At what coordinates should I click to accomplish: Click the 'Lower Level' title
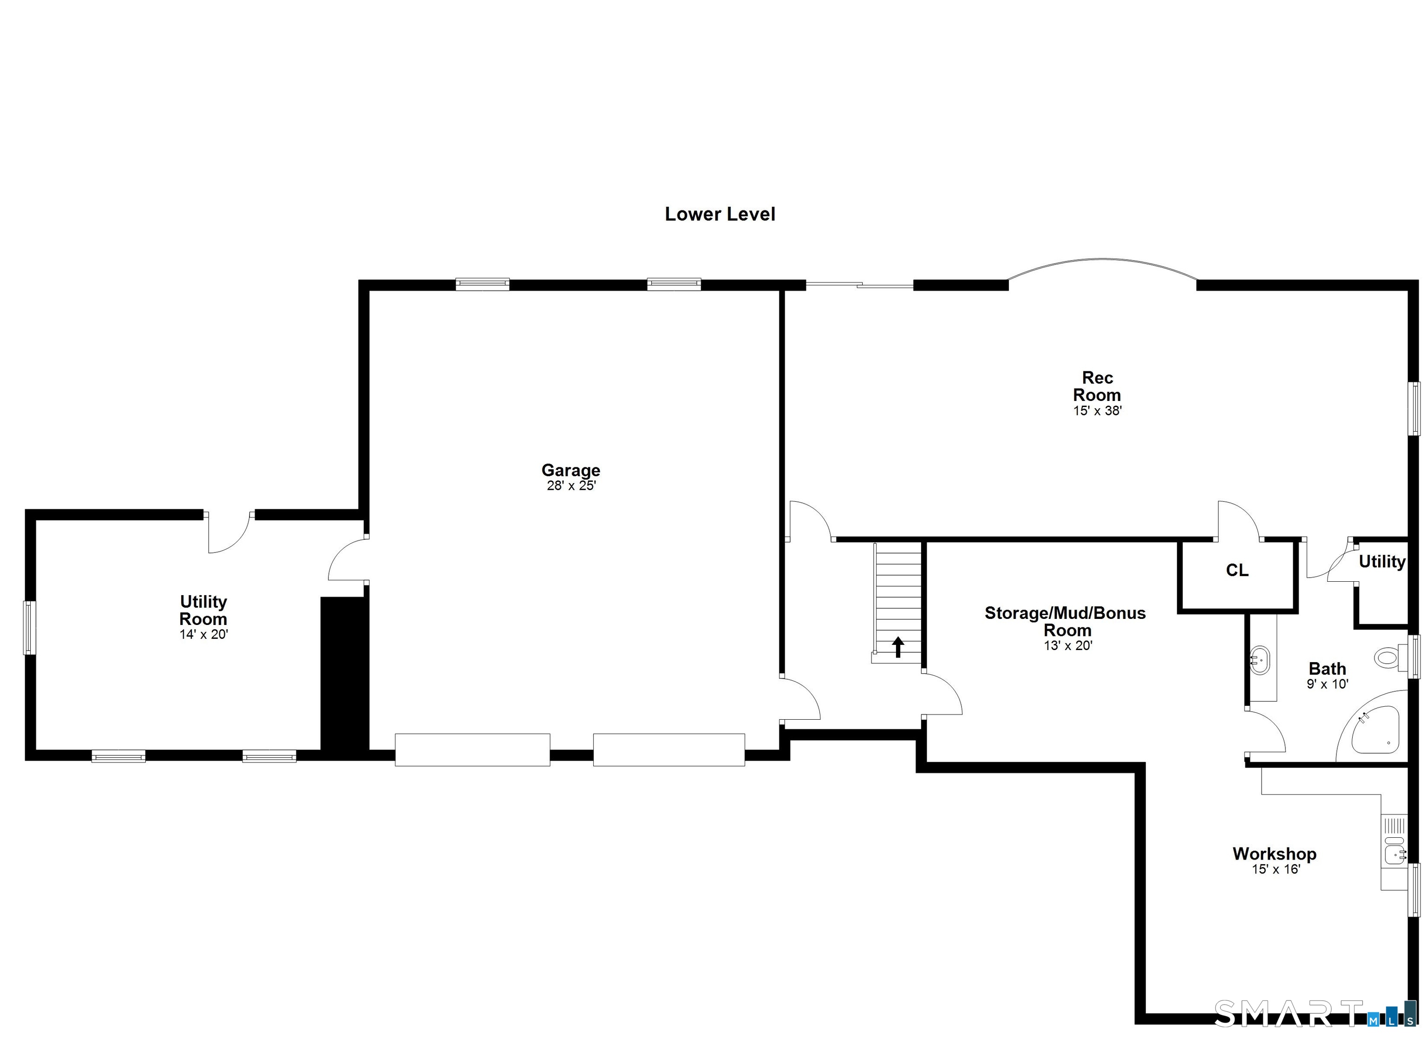(720, 214)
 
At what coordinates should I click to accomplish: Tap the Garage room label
(571, 470)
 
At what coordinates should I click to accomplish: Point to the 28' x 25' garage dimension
(571, 486)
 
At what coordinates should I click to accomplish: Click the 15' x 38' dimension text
(1097, 410)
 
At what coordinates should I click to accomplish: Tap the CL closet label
(1237, 570)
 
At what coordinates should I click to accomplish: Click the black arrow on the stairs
(898, 646)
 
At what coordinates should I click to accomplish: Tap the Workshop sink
(1394, 854)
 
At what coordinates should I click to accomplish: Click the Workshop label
(1274, 854)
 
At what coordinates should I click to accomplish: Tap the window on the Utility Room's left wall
(30, 628)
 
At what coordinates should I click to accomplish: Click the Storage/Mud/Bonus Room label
(1065, 621)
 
